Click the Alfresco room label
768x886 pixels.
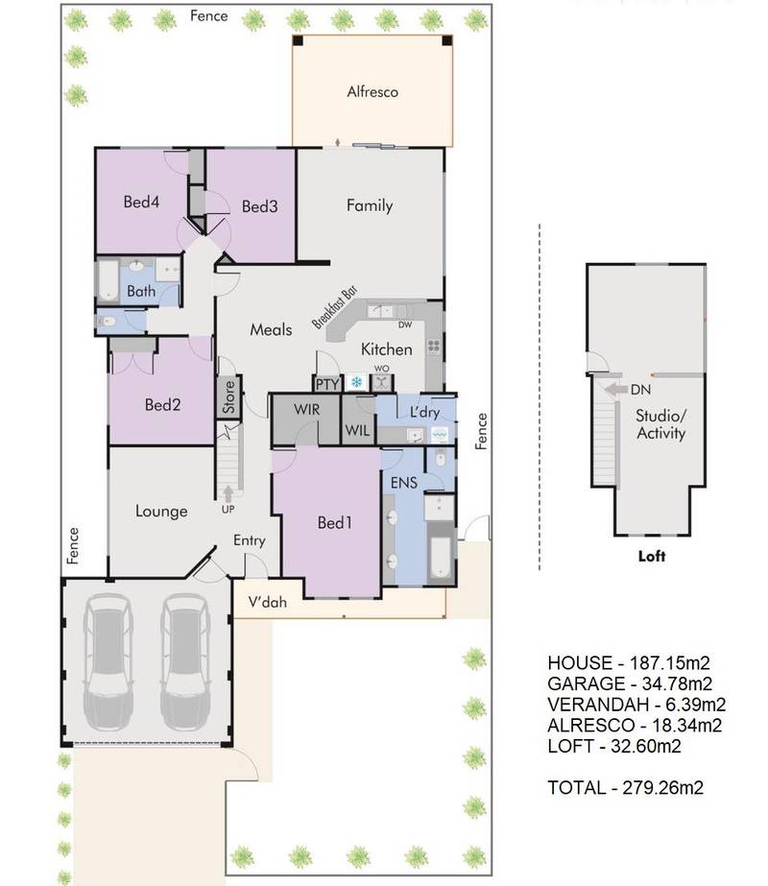[x=372, y=91]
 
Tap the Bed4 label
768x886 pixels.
[x=141, y=202]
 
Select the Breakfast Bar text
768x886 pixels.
[x=335, y=307]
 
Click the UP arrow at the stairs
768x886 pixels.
[x=228, y=493]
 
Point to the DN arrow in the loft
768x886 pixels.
[x=615, y=390]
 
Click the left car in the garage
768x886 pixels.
[x=108, y=662]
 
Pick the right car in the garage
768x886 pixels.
[x=185, y=662]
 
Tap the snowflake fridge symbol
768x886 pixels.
[x=356, y=383]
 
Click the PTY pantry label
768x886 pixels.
[x=327, y=384]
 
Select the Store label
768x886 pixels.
[x=228, y=396]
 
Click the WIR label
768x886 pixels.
[x=306, y=409]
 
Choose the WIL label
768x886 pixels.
[x=358, y=431]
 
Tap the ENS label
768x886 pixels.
[x=404, y=483]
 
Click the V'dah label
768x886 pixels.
[x=267, y=602]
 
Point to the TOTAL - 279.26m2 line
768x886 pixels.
[x=626, y=787]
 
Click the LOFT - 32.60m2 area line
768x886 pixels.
[x=614, y=746]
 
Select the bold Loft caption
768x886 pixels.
[x=652, y=556]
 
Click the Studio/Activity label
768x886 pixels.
[x=661, y=424]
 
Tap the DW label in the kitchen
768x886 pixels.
[x=405, y=324]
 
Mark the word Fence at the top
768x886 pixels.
[x=209, y=15]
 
